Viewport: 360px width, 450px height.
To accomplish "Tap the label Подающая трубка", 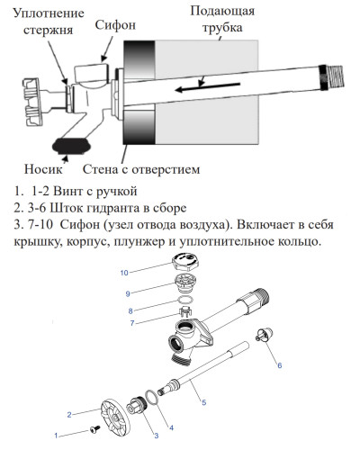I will click(223, 21).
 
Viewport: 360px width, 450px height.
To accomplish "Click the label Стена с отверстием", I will click(140, 168).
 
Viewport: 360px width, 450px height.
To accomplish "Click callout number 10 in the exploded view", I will click(127, 271).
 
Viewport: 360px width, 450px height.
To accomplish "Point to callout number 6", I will click(279, 365).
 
